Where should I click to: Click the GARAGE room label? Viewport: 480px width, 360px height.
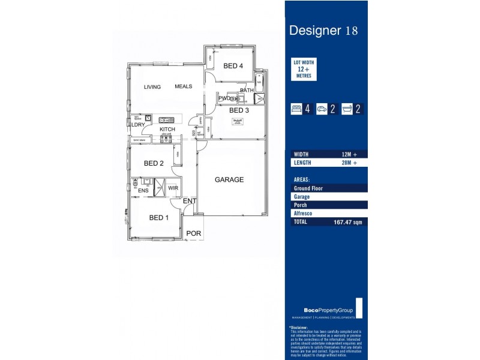click(229, 179)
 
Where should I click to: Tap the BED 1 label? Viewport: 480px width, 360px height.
click(159, 218)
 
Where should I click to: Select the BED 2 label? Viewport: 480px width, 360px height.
click(154, 163)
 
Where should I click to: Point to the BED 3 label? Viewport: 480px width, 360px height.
click(239, 110)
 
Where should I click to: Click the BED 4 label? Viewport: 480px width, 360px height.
click(233, 66)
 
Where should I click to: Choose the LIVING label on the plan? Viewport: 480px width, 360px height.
click(152, 87)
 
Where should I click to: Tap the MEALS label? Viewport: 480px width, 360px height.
click(184, 86)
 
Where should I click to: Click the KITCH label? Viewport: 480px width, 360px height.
click(167, 130)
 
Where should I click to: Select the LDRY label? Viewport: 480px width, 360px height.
click(139, 125)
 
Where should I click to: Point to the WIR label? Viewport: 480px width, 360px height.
click(173, 188)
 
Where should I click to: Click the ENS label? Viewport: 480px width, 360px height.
click(143, 191)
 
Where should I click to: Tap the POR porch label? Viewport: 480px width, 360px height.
click(193, 233)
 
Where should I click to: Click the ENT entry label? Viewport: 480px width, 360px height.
click(189, 201)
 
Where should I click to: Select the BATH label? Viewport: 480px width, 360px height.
click(247, 91)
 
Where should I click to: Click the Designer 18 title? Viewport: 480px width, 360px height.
click(323, 31)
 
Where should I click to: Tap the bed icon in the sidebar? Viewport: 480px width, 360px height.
click(296, 109)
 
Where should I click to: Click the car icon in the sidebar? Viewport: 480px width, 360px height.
click(322, 109)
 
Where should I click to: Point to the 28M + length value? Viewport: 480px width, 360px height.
click(349, 163)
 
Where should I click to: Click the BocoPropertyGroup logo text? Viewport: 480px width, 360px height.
click(322, 310)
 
